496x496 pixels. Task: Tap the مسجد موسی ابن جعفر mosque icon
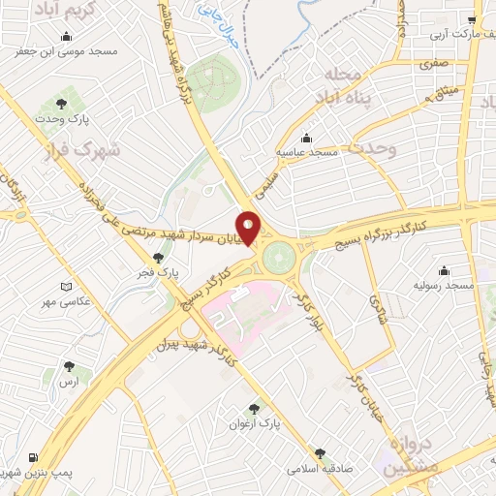click(x=66, y=38)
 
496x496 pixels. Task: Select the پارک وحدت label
click(x=66, y=118)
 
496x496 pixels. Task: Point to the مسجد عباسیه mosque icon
click(x=307, y=138)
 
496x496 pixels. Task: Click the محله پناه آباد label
click(x=338, y=86)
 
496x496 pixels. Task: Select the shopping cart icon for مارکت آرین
click(x=472, y=20)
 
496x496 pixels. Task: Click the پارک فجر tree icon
click(x=158, y=257)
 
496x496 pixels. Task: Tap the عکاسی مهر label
click(x=89, y=301)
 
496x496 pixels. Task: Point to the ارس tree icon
click(x=68, y=366)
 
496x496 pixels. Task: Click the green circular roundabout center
click(x=279, y=257)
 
